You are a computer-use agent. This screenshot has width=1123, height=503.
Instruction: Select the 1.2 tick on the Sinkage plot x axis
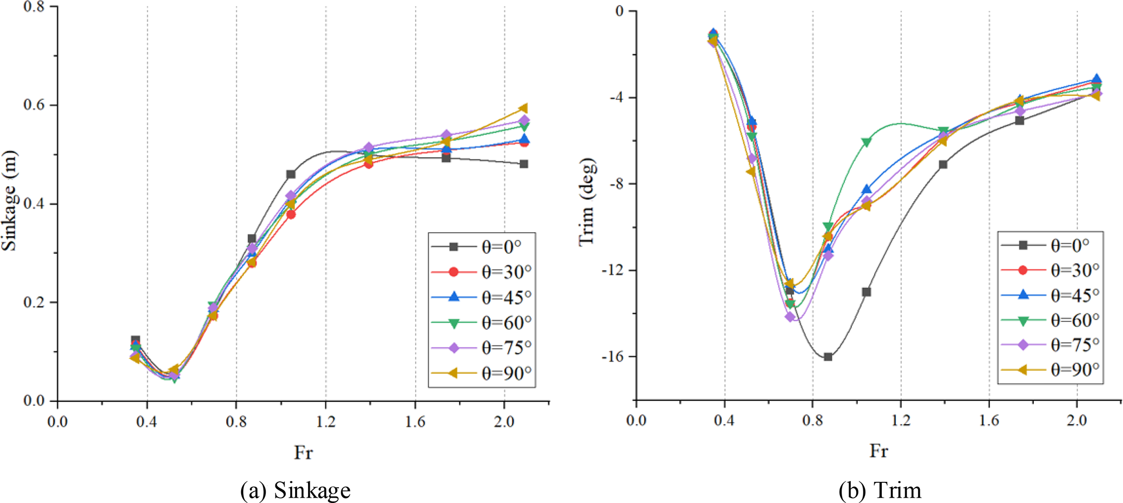click(x=326, y=422)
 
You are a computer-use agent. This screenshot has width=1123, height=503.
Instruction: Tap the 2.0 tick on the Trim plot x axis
click(x=1077, y=420)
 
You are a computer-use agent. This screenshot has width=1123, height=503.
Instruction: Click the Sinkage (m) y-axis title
click(x=9, y=201)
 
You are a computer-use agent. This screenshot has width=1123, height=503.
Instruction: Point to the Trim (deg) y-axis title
click(x=587, y=201)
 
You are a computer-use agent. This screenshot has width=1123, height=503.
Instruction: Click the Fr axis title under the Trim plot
click(x=879, y=451)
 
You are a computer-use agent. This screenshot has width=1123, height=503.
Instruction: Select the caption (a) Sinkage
click(x=295, y=490)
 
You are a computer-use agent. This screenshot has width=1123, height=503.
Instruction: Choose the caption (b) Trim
click(x=880, y=490)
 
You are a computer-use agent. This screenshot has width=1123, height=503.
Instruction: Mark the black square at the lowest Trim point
click(x=828, y=357)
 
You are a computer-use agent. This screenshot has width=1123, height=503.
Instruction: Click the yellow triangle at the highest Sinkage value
click(x=523, y=109)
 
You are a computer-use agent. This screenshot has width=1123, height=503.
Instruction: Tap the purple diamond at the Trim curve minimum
click(x=790, y=316)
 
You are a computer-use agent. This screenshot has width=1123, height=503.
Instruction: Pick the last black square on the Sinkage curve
click(x=524, y=164)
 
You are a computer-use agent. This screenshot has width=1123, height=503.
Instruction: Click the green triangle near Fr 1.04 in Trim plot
click(x=866, y=142)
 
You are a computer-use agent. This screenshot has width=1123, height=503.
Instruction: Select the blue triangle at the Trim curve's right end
click(x=1096, y=79)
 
